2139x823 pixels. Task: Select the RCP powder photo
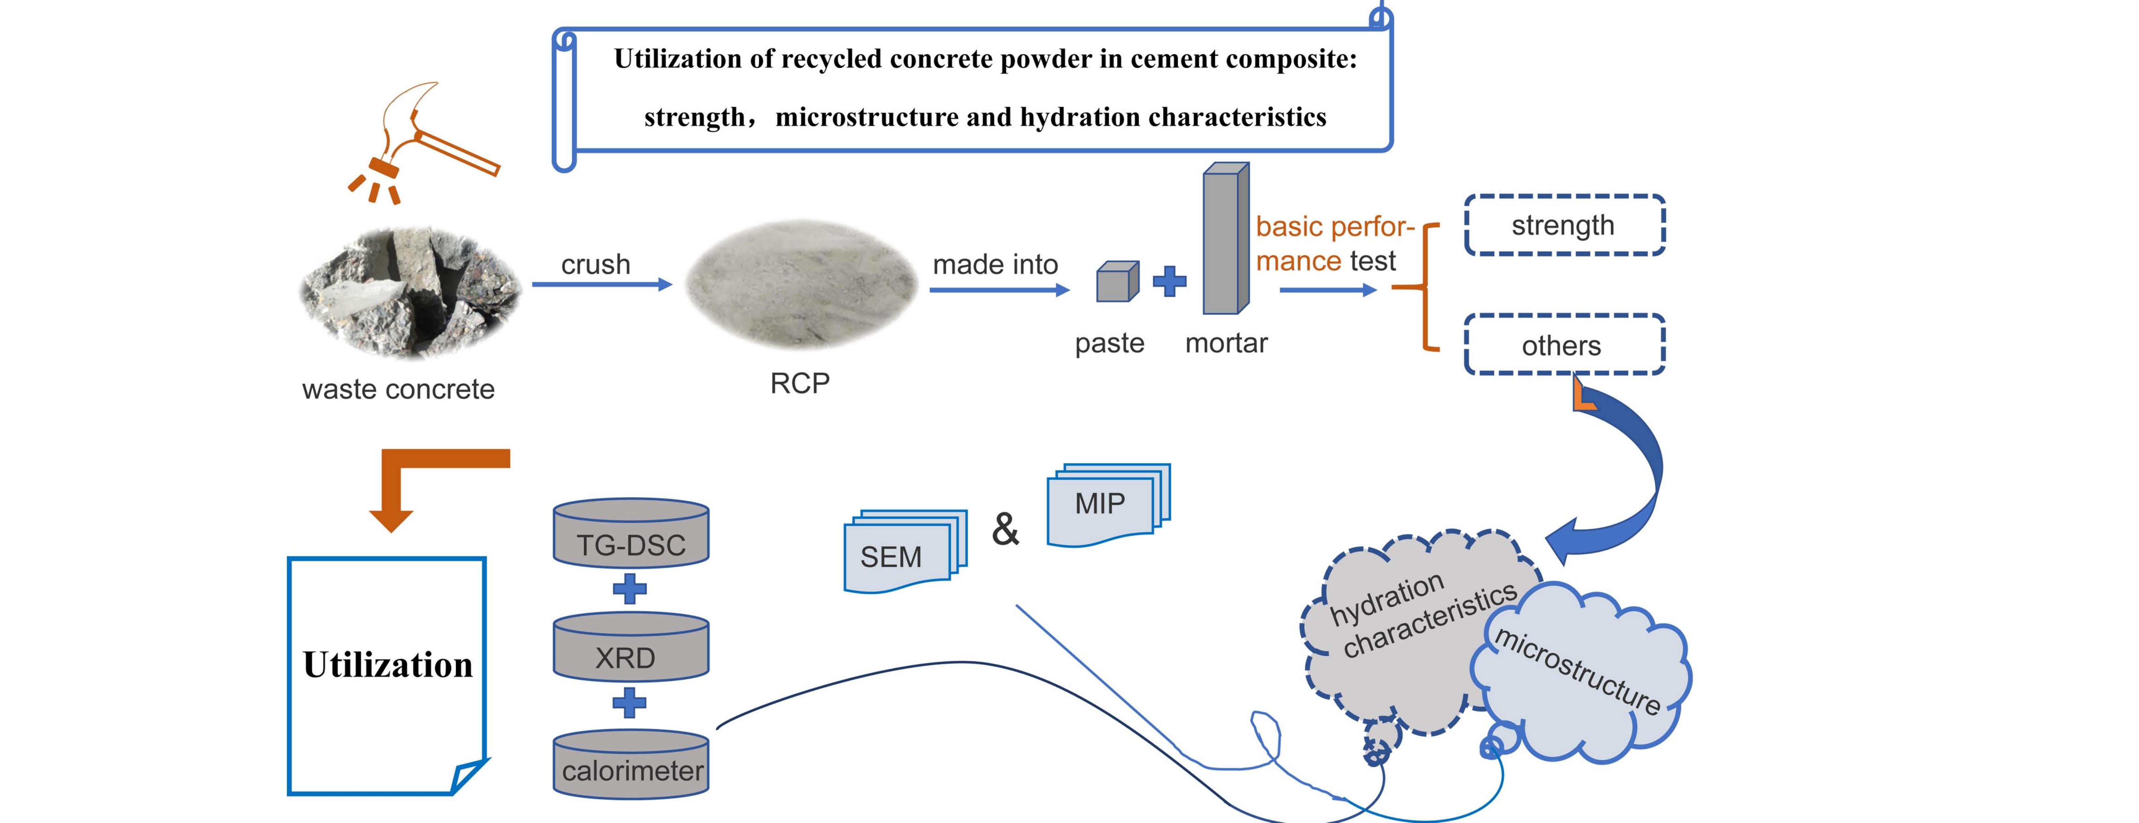(801, 284)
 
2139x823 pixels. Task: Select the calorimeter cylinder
(631, 764)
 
